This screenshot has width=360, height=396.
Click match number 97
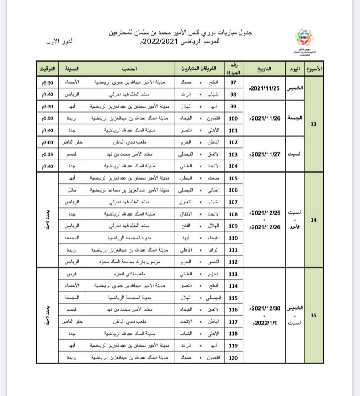233,82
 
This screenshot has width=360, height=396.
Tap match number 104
233,166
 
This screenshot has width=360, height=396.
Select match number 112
233,262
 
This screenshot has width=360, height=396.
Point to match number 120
233,358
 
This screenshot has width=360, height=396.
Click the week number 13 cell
314,124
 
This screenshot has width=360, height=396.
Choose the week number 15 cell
314,316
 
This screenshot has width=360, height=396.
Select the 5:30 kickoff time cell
47,82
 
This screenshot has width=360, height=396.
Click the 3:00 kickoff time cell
47,142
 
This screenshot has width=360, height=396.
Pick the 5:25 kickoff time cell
47,154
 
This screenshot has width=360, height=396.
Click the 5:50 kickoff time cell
47,118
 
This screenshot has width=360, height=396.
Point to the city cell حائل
72,190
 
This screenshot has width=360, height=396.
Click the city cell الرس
72,274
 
